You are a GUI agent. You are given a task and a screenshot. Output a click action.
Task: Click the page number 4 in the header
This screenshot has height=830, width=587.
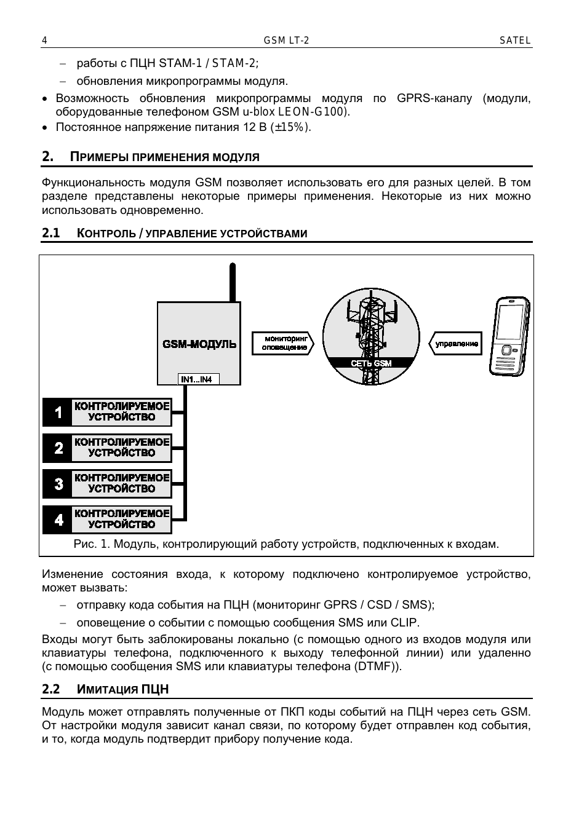(44, 41)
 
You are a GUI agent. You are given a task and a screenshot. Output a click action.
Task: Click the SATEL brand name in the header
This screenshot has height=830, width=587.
(515, 41)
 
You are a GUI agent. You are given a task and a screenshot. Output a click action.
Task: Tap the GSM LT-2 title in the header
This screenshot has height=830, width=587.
(286, 41)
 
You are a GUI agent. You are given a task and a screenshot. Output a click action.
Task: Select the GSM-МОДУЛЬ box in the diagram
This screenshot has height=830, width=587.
(199, 344)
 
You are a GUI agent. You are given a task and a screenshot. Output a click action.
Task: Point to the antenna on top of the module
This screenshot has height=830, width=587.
(232, 283)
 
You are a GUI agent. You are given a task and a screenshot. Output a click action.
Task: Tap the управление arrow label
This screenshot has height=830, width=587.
(456, 344)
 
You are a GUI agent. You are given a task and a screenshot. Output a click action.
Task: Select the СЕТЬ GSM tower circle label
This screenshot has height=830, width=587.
(371, 363)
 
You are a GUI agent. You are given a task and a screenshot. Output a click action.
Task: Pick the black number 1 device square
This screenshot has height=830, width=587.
(58, 412)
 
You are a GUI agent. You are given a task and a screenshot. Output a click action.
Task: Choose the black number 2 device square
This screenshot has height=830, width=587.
(58, 448)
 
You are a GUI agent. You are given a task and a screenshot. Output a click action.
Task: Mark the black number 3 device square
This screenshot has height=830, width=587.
(58, 483)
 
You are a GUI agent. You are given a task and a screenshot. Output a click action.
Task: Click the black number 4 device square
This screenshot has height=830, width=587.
(58, 520)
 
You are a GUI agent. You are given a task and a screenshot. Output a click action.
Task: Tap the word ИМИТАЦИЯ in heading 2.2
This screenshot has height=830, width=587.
(106, 689)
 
